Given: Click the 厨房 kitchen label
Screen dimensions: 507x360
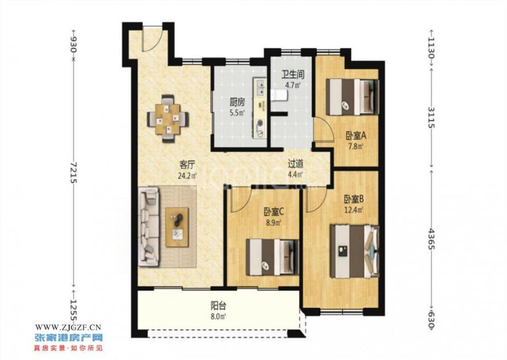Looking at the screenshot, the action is click(237, 103).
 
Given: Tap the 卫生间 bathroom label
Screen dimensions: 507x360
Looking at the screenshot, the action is click(293, 75).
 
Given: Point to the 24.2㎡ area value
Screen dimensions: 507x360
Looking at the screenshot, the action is click(187, 176).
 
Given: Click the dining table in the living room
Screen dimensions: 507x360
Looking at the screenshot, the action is click(168, 119).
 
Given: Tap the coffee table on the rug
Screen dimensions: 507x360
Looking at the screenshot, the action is click(177, 227).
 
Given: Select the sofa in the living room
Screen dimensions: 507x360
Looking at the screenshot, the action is click(149, 227).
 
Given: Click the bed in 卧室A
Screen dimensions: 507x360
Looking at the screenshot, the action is click(352, 97).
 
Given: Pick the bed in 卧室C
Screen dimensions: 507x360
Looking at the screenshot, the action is click(273, 257).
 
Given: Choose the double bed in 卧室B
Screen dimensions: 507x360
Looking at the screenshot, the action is click(354, 251).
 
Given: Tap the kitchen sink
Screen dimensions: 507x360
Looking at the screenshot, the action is click(260, 87).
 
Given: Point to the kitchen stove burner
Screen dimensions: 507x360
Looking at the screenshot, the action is click(260, 123).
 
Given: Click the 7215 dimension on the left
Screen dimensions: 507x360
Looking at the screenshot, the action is click(74, 172).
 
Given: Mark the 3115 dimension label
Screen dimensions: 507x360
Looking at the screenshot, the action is click(432, 117).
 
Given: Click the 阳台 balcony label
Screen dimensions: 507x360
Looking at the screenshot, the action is click(218, 305).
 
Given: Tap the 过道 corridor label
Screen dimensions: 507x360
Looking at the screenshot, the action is click(296, 164).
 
